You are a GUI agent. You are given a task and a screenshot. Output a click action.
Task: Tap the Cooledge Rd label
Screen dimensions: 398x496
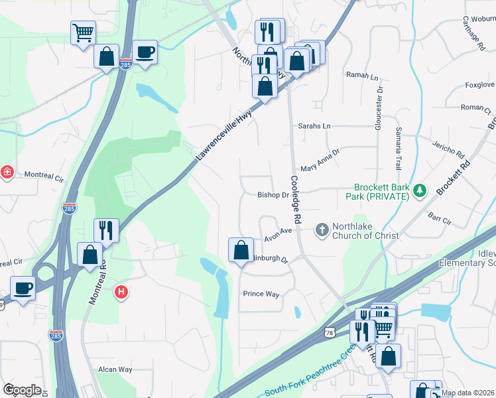pyautogui.click(x=296, y=198)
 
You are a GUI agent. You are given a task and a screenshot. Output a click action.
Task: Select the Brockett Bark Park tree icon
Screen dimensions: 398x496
pyautogui.click(x=418, y=192)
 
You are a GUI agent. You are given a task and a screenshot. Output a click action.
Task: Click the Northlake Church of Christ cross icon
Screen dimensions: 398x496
pyautogui.click(x=322, y=230)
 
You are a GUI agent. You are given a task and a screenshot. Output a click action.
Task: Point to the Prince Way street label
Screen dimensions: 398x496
pyautogui.click(x=261, y=294)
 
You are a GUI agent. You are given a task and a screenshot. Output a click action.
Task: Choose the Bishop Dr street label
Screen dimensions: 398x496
pyautogui.click(x=273, y=195)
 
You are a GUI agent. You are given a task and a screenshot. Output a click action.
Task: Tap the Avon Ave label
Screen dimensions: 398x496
pyautogui.click(x=279, y=233)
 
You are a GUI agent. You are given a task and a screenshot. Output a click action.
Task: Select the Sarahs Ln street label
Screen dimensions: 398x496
pyautogui.click(x=314, y=125)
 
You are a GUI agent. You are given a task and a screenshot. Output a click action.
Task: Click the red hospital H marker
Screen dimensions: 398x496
pyautogui.click(x=121, y=292)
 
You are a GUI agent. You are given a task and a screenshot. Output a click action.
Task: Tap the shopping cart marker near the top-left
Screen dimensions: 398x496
pyautogui.click(x=83, y=33)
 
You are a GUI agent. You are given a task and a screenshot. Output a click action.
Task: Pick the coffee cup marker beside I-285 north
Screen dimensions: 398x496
pyautogui.click(x=144, y=52)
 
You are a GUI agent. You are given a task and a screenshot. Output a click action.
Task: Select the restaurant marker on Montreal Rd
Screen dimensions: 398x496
pyautogui.click(x=106, y=230)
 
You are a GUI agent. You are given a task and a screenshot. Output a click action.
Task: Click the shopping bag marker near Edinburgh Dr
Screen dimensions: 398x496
pyautogui.click(x=241, y=250)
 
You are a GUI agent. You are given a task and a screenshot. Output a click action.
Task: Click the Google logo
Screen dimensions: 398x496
pyautogui.click(x=22, y=390)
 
